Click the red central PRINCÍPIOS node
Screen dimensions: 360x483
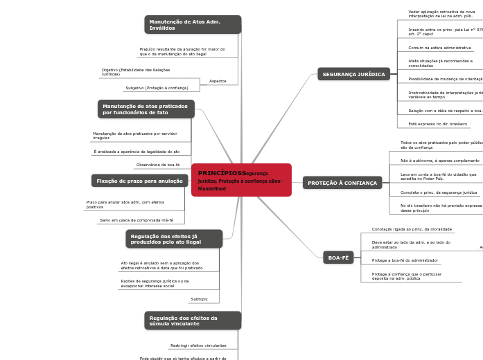[x=240, y=180]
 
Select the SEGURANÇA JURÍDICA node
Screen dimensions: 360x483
[x=353, y=74]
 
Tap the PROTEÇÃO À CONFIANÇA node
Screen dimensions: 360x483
[x=342, y=183]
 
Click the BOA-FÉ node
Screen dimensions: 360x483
[x=338, y=258]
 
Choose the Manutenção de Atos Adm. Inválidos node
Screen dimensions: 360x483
[x=193, y=25]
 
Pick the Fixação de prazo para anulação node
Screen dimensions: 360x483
[x=139, y=181]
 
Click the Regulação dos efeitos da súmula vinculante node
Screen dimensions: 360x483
[x=193, y=321]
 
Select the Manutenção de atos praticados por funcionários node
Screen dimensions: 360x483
[x=146, y=109]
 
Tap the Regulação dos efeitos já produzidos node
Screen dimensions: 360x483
[x=175, y=239]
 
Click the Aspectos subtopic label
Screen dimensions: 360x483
[x=218, y=81]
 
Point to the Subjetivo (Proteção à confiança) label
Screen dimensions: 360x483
[x=157, y=88]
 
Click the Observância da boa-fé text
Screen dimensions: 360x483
[x=158, y=165]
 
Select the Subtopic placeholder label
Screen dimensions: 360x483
[x=199, y=299]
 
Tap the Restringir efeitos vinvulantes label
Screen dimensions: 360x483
[x=198, y=345]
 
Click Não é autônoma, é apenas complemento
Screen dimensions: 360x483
[x=440, y=160]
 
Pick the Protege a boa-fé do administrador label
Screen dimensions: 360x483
[x=405, y=260]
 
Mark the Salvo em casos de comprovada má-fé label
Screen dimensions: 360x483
[x=137, y=219]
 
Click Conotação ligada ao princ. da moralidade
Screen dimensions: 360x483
[x=412, y=228]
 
